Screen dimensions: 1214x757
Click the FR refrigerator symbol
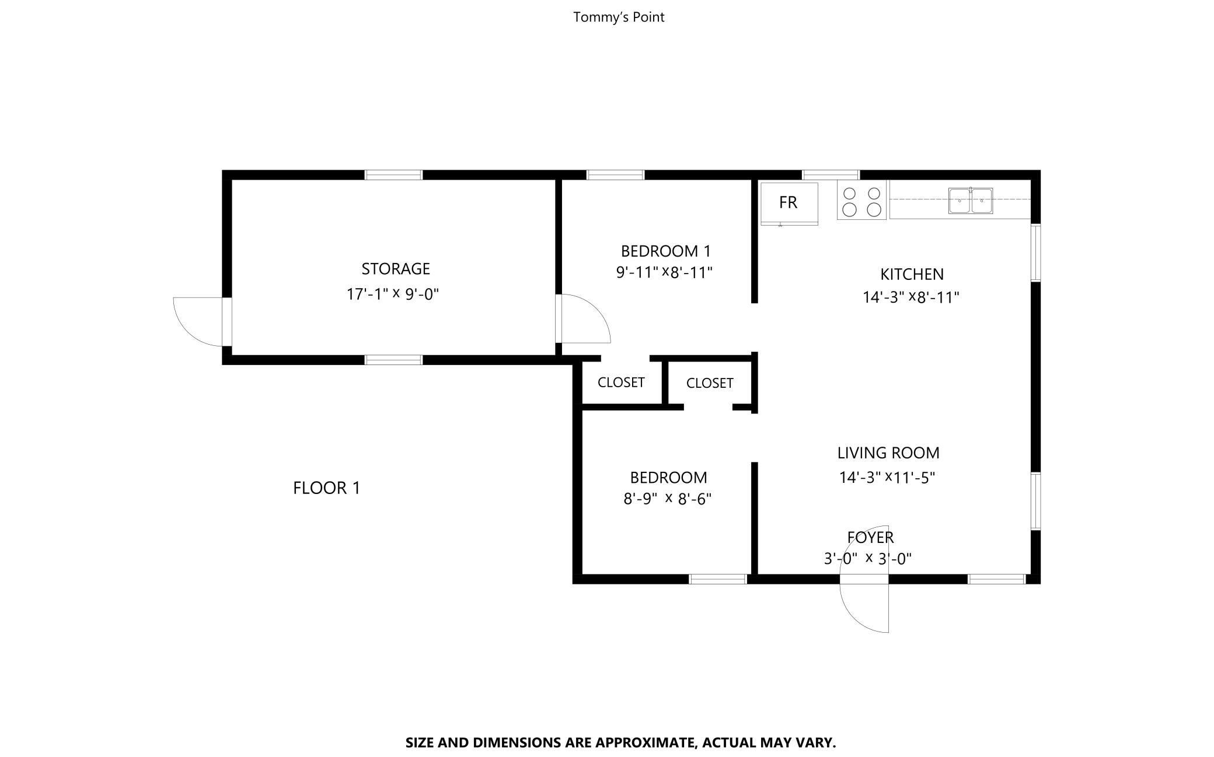pyautogui.click(x=789, y=204)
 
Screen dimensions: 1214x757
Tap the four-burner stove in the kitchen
pyautogui.click(x=861, y=200)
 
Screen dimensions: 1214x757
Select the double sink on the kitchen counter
pyautogui.click(x=970, y=201)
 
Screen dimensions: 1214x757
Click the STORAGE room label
pyautogui.click(x=396, y=269)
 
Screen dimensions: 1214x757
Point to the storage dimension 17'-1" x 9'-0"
pyautogui.click(x=393, y=294)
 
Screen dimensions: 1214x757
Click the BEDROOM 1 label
pyautogui.click(x=666, y=251)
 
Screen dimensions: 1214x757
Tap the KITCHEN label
pyautogui.click(x=912, y=274)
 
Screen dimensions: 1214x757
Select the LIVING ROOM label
pyautogui.click(x=888, y=453)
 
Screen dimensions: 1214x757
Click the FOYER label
pyautogui.click(x=870, y=537)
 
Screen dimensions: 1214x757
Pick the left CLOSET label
pyautogui.click(x=621, y=383)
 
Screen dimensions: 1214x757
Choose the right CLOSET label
pyautogui.click(x=710, y=383)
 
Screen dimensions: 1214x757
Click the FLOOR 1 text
pyautogui.click(x=327, y=488)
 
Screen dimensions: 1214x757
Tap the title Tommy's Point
pyautogui.click(x=619, y=17)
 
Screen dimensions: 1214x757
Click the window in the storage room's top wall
pyautogui.click(x=393, y=175)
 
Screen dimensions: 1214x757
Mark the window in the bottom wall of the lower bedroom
pyautogui.click(x=718, y=579)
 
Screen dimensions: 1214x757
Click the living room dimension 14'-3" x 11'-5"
pyautogui.click(x=887, y=478)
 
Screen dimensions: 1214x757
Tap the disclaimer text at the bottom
pyautogui.click(x=620, y=742)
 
